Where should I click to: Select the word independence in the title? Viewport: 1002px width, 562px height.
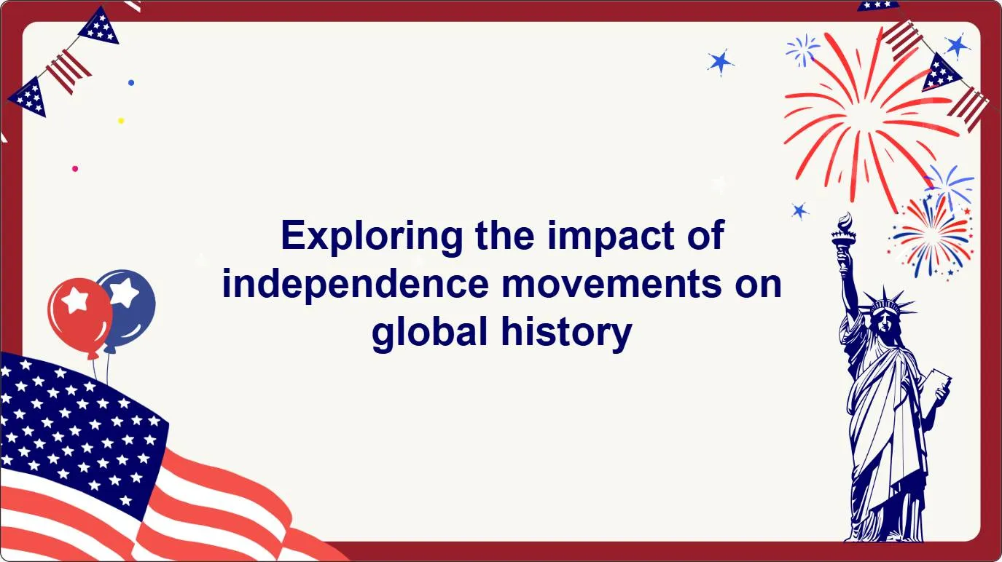coord(356,284)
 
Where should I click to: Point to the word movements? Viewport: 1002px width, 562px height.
coord(611,285)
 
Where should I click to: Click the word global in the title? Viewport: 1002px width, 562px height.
coord(429,333)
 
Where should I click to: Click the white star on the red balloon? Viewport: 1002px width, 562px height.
coord(75,300)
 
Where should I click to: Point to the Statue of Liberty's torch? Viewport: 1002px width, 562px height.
coord(844,234)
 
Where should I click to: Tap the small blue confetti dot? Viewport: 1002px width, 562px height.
coord(131,83)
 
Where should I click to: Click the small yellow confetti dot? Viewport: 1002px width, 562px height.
coord(121,121)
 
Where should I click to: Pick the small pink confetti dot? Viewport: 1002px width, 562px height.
coord(75,168)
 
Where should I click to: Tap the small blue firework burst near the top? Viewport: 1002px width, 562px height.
coord(803,50)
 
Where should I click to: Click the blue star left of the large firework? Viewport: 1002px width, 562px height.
coord(720,62)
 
